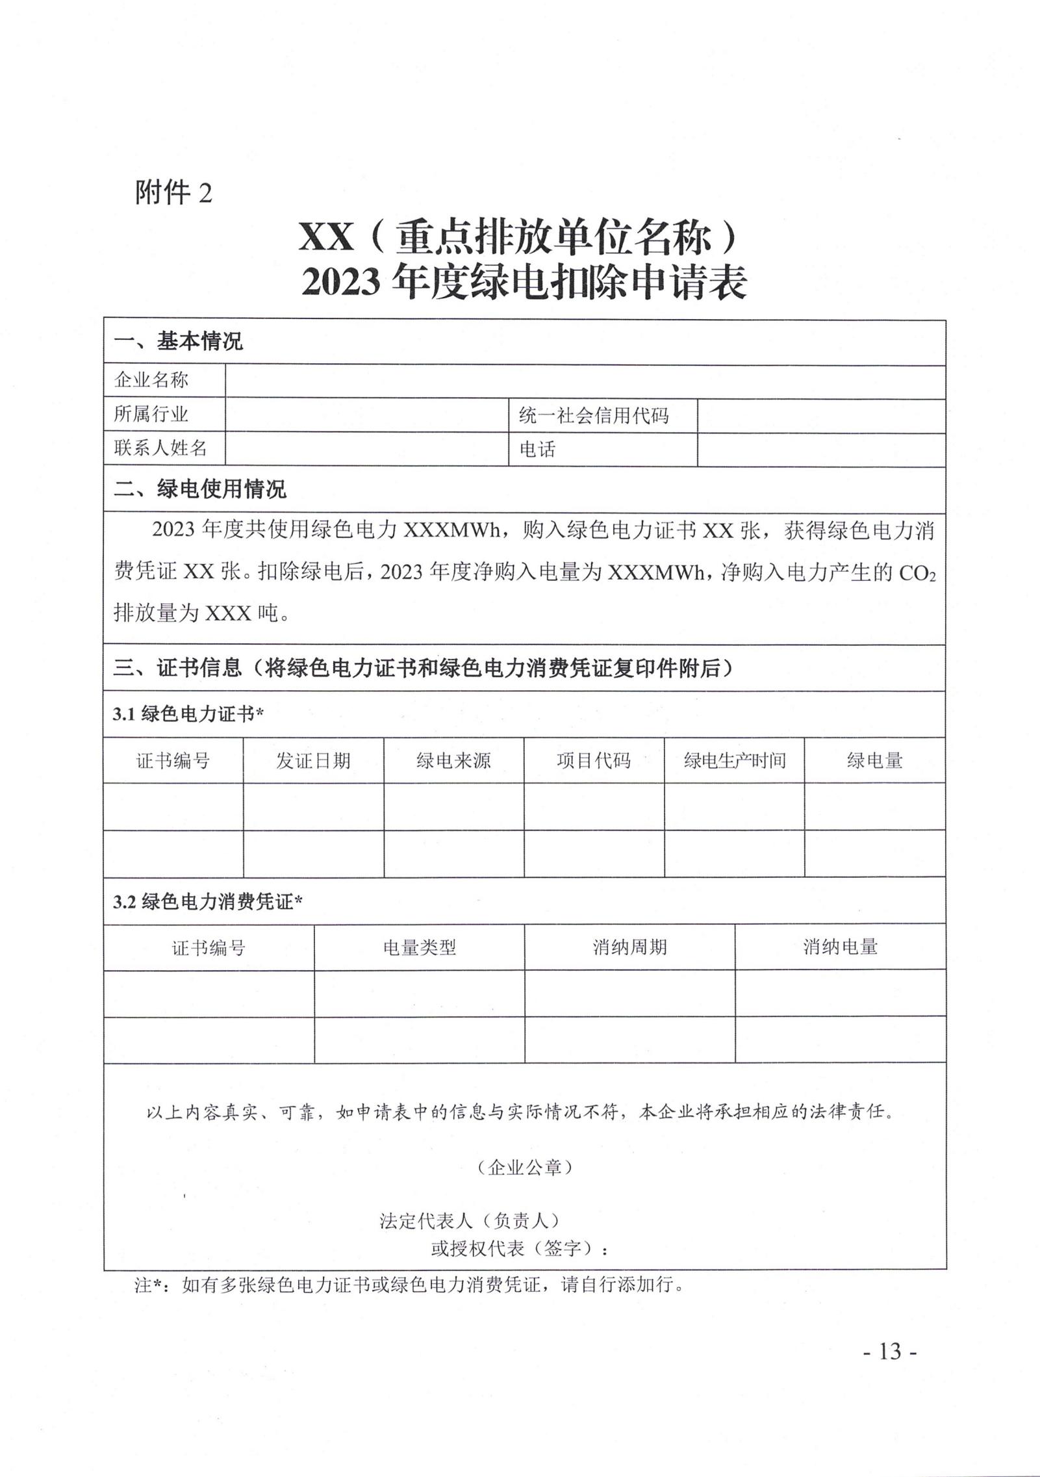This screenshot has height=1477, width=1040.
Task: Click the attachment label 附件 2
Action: pos(173,193)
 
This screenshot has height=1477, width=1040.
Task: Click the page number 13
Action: pos(890,1351)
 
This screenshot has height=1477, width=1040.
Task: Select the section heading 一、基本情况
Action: pos(178,342)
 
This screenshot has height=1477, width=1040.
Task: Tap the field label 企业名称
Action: pos(151,380)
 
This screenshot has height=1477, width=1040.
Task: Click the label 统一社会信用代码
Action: pos(593,415)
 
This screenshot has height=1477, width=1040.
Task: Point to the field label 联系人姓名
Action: pos(160,448)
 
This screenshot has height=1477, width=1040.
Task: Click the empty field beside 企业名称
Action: pos(585,381)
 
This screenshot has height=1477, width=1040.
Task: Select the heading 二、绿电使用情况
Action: pos(199,489)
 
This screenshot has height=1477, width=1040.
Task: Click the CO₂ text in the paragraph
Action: pos(917,573)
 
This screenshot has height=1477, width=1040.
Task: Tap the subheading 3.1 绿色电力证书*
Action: pos(188,714)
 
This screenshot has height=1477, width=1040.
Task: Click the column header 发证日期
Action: pos(313,760)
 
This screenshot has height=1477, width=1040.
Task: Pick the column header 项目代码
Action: pos(594,760)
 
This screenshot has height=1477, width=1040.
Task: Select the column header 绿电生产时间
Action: pos(734,760)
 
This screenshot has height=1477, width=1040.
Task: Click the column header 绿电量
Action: pos(874,760)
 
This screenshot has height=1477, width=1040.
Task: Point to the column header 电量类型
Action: pos(419,947)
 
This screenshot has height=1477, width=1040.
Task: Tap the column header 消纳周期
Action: pos(629,947)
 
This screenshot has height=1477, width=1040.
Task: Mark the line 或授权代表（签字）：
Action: pos(520,1248)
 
